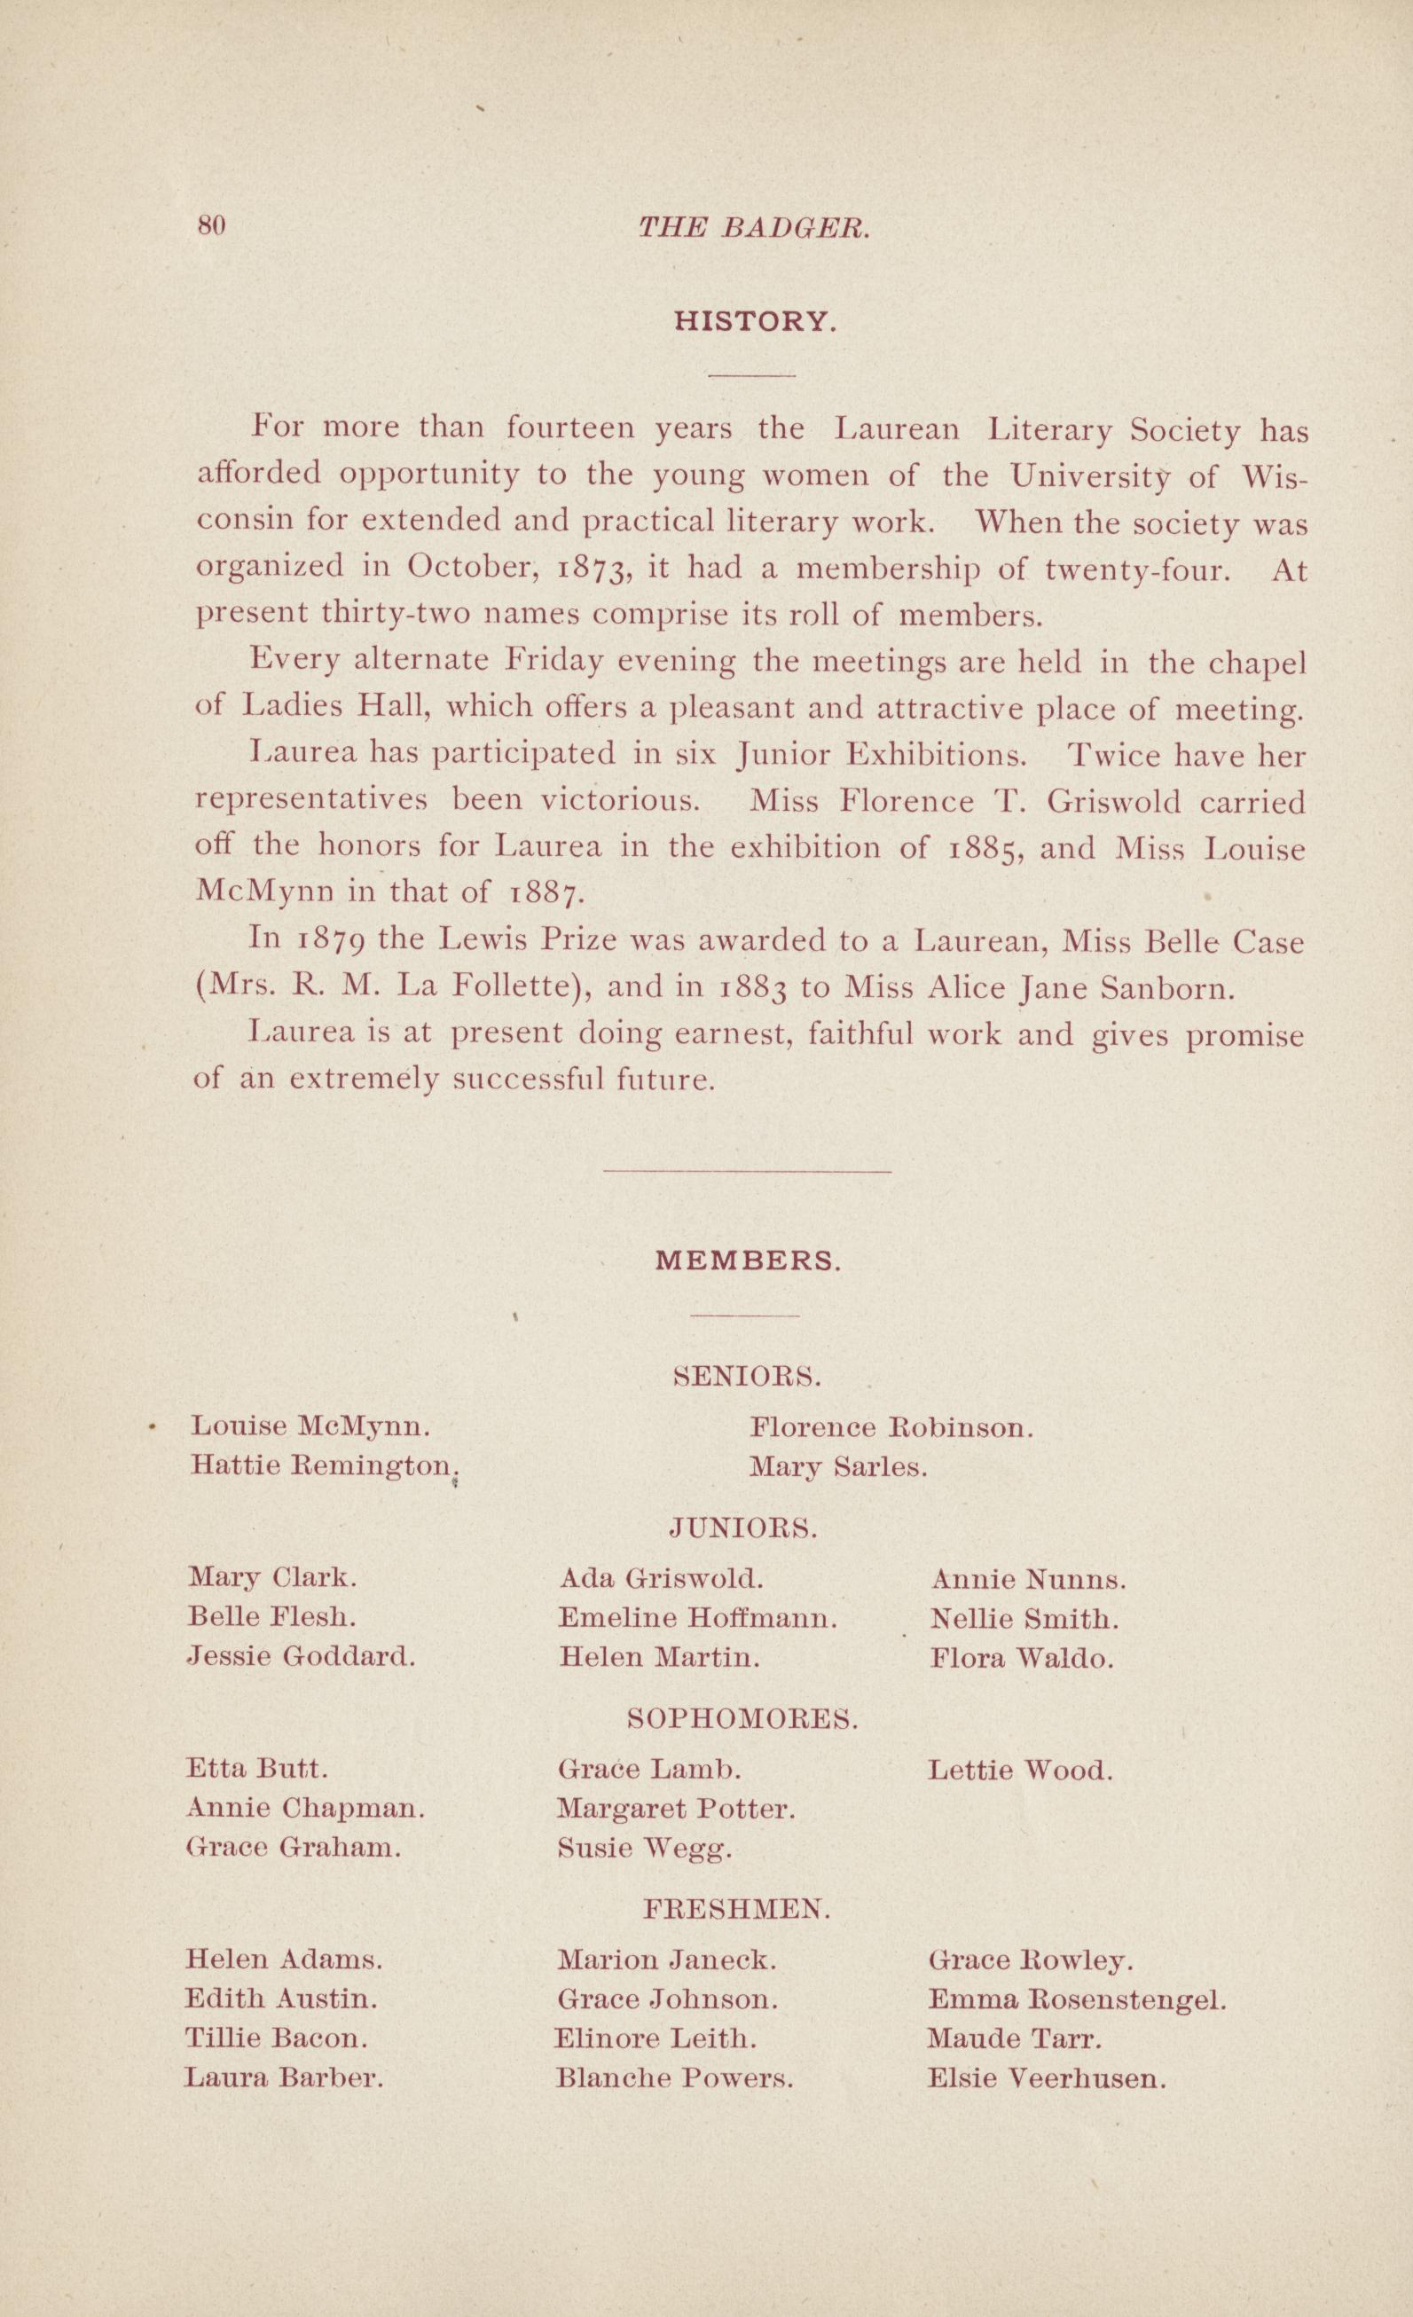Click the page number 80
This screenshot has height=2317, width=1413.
pyautogui.click(x=211, y=225)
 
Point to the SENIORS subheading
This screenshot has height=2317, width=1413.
pyautogui.click(x=749, y=1378)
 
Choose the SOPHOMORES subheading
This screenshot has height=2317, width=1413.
pyautogui.click(x=742, y=1718)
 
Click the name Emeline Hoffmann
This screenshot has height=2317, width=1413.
pyautogui.click(x=696, y=1618)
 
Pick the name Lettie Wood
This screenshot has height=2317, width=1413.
pyautogui.click(x=1020, y=1771)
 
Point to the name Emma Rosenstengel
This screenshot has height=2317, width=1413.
pyautogui.click(x=1077, y=1999)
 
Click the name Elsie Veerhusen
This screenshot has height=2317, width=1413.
pyautogui.click(x=1047, y=2079)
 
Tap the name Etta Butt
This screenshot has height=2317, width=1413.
pyautogui.click(x=258, y=1769)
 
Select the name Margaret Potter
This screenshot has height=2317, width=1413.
pyautogui.click(x=677, y=1809)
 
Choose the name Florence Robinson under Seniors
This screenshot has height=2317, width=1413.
pyautogui.click(x=892, y=1427)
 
